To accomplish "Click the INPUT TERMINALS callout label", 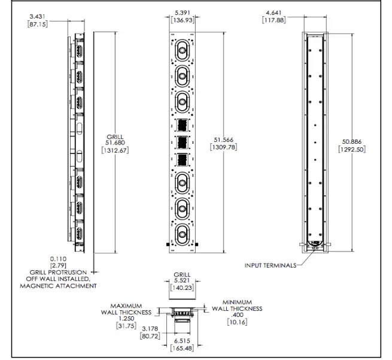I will pyautogui.click(x=270, y=264).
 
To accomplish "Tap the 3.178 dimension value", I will pyautogui.click(x=151, y=329).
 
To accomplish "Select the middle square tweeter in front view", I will pyautogui.click(x=181, y=144).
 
